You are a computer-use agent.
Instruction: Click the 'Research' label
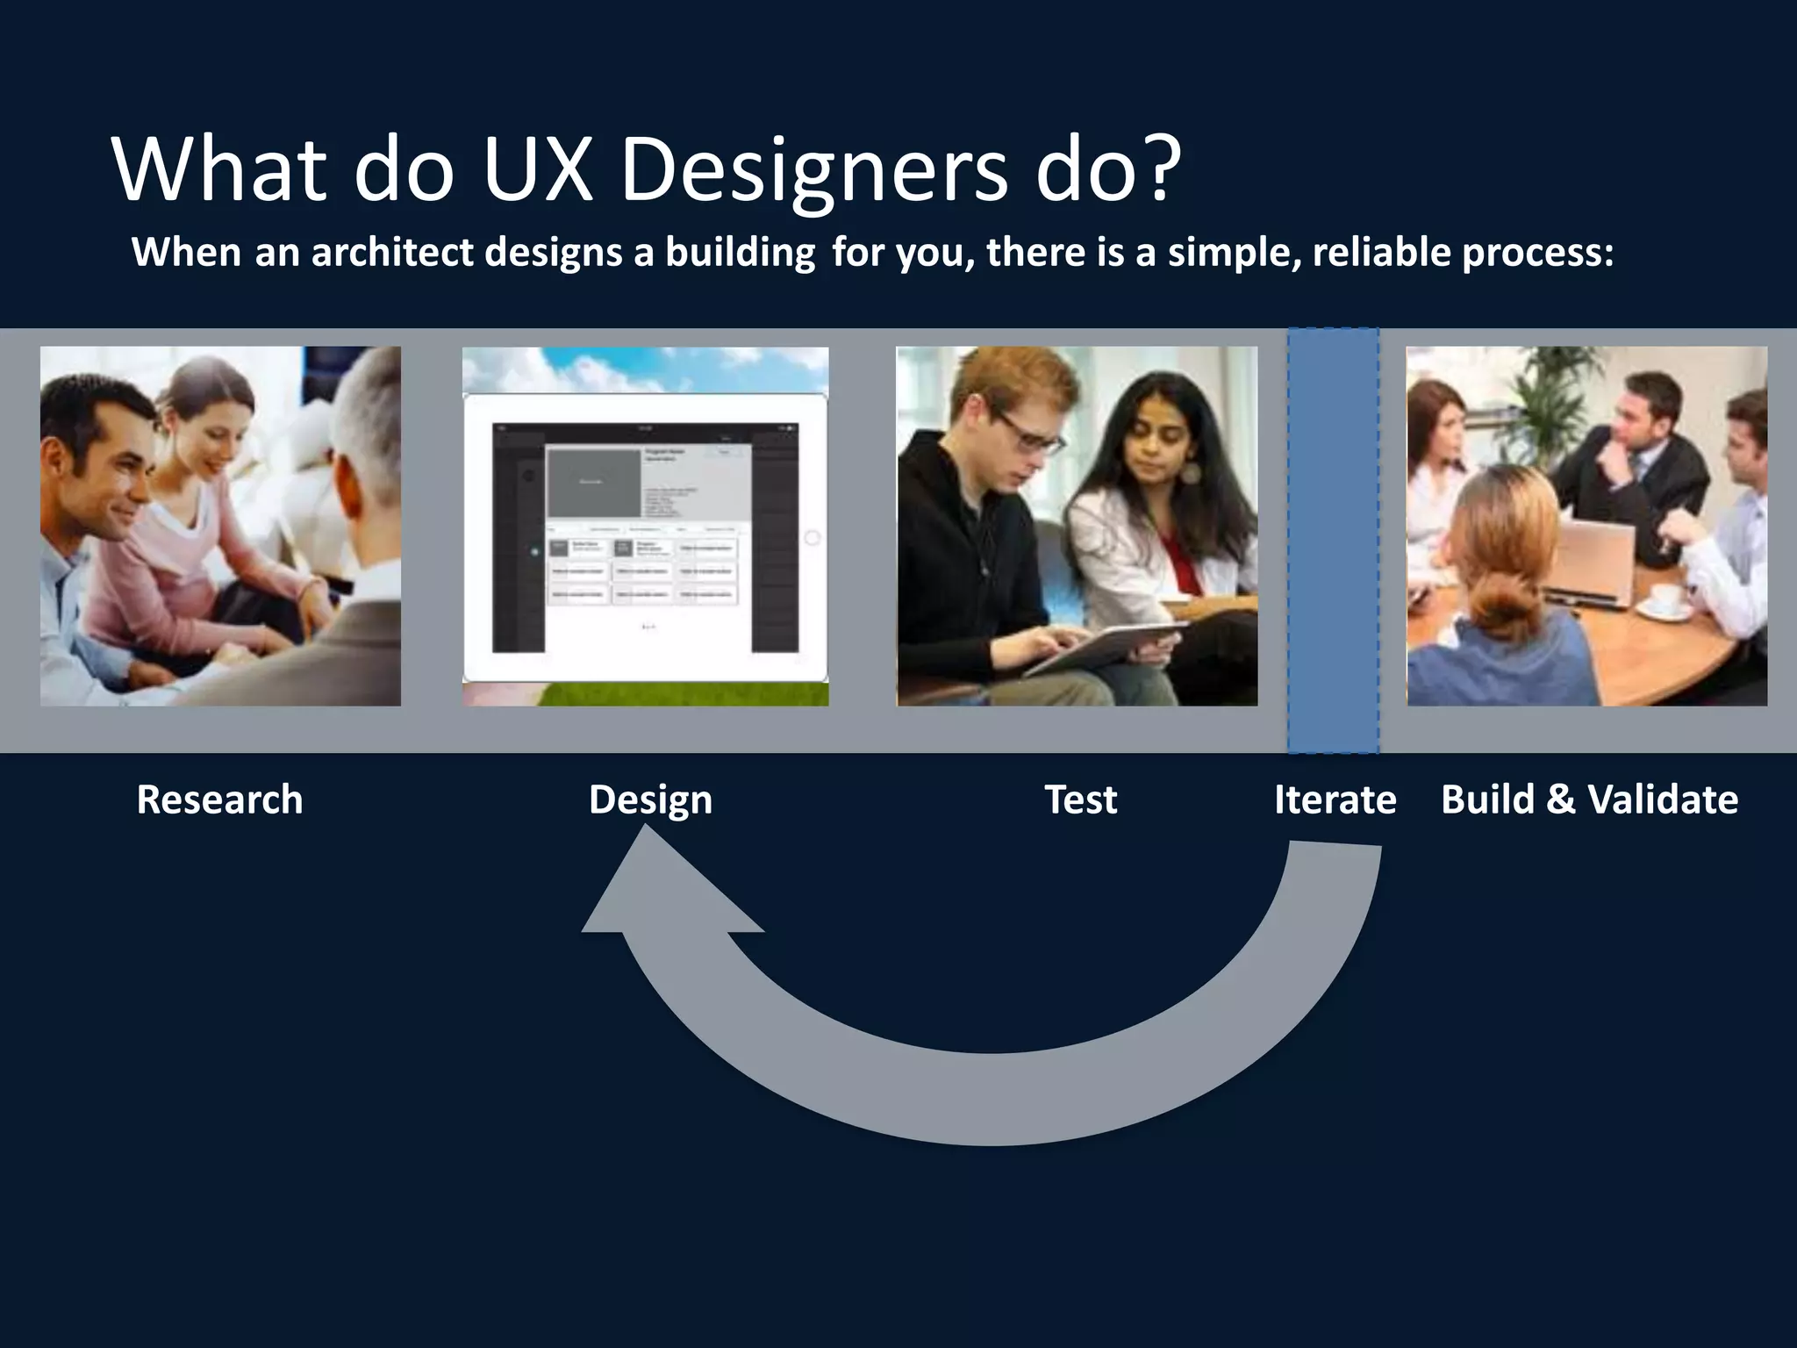219,799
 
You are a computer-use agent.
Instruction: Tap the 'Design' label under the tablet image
650,799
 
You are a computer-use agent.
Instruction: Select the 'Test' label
1080,799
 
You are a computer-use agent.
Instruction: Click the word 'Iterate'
1335,799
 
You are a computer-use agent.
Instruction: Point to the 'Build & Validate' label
1589,799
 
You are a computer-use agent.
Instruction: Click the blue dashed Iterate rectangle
1333,540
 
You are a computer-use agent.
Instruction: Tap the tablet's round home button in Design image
812,537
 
